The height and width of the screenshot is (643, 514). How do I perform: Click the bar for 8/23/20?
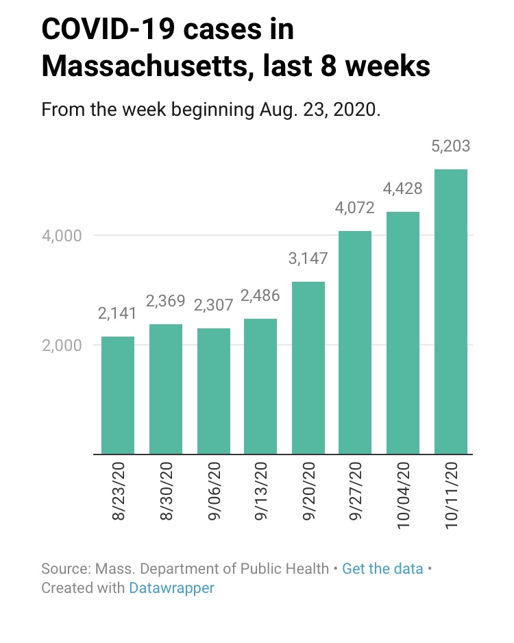click(118, 395)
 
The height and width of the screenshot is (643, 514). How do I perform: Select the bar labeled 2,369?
click(166, 389)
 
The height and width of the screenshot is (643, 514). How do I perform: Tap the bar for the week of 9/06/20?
click(213, 391)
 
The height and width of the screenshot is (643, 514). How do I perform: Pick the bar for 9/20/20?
click(308, 367)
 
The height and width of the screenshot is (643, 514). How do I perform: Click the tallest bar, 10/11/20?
click(451, 311)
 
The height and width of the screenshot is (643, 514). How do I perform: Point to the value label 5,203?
click(451, 147)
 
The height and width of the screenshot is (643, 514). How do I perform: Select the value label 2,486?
click(260, 297)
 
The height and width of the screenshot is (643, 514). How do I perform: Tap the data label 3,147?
click(308, 259)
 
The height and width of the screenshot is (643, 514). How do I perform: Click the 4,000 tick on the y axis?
click(63, 236)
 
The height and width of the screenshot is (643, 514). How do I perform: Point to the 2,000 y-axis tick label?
click(63, 345)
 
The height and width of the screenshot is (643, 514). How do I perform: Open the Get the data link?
click(382, 569)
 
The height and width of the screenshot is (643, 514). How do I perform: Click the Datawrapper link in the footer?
click(171, 588)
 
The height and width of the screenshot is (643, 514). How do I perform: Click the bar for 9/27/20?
click(356, 342)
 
